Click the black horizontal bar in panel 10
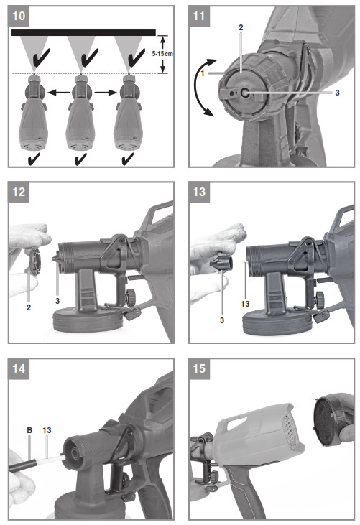tap(83, 32)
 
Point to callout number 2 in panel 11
tap(241, 26)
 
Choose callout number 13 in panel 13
tap(245, 305)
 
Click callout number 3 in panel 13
tap(222, 318)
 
